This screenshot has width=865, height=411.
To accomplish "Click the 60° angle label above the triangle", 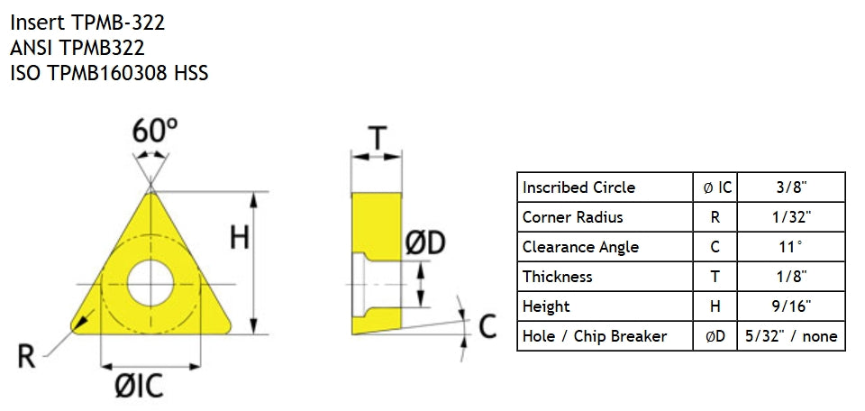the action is click(x=155, y=132).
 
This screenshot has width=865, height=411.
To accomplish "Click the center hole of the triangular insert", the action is click(x=150, y=284).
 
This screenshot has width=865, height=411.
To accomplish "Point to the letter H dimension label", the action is click(x=240, y=239).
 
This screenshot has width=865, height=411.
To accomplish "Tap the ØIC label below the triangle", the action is click(x=139, y=386).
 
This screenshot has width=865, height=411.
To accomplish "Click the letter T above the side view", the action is click(x=378, y=138).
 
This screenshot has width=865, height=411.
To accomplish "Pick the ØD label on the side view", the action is click(x=424, y=243).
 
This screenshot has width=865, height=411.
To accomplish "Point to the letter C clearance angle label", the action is click(x=487, y=326).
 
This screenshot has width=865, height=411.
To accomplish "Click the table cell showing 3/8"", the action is click(x=791, y=187).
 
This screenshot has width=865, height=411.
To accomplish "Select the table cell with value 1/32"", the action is click(x=791, y=217).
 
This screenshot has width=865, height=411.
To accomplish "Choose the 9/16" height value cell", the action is click(x=791, y=306).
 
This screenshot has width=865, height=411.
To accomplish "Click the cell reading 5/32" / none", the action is click(x=791, y=336).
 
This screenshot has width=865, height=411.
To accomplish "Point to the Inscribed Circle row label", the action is click(x=578, y=187).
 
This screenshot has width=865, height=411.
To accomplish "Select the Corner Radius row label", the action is click(x=573, y=217).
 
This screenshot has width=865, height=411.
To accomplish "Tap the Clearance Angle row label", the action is click(x=580, y=247).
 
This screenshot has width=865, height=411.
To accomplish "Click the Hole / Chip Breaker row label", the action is click(x=595, y=336).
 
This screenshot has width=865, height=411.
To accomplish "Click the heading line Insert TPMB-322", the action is click(x=87, y=23).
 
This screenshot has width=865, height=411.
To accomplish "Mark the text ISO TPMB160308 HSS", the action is click(x=109, y=73).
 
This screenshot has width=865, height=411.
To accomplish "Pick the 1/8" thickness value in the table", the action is click(x=791, y=277).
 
